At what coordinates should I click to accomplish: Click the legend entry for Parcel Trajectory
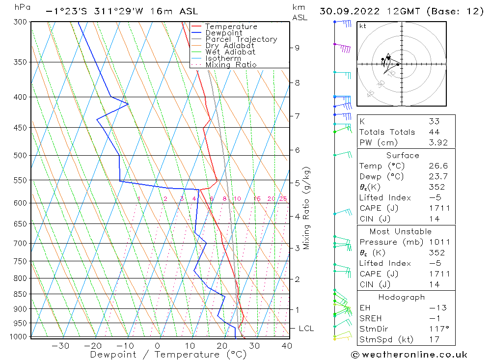pyautogui.click(x=241, y=39)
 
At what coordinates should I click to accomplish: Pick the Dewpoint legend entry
pyautogui.click(x=223, y=33)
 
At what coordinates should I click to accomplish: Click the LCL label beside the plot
pyautogui.click(x=306, y=328)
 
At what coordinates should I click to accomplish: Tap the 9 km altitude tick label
pyautogui.click(x=297, y=48)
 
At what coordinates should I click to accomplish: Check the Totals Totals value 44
pyautogui.click(x=434, y=132)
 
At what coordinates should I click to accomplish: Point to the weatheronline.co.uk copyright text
pyautogui.click(x=409, y=354)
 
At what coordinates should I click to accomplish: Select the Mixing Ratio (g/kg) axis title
pyautogui.click(x=306, y=208)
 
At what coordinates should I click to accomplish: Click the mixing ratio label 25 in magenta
pyautogui.click(x=283, y=199)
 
